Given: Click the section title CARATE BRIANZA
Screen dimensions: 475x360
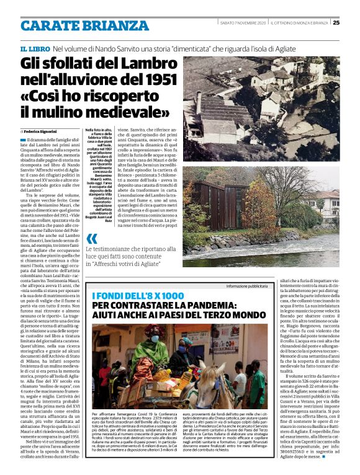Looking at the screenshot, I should [83, 25].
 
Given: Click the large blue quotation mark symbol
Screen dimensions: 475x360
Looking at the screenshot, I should [91, 238].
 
